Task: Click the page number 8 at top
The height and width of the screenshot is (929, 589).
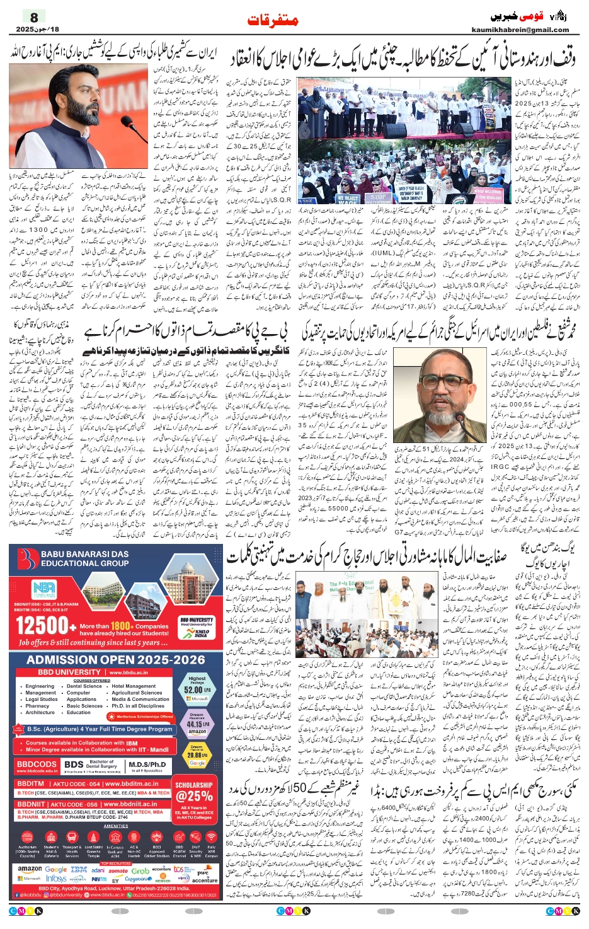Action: [34, 18]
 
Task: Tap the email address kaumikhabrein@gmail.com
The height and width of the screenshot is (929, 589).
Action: [520, 30]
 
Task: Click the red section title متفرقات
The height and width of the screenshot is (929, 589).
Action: [273, 21]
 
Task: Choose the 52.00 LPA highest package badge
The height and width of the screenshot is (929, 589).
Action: [197, 689]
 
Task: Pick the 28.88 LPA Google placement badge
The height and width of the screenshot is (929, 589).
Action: [197, 754]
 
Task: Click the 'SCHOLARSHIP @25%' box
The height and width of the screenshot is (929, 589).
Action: [194, 795]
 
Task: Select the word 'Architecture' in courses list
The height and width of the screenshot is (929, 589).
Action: [40, 712]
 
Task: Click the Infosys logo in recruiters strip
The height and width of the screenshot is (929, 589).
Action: [56, 879]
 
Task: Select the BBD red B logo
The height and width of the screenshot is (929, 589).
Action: [27, 559]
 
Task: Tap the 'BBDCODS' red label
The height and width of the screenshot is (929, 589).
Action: [37, 764]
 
